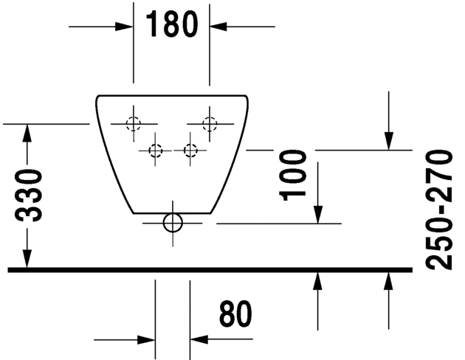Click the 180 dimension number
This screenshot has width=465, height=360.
tap(171, 24)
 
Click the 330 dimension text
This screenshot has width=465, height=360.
tap(30, 195)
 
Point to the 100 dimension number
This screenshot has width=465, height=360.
tap(295, 173)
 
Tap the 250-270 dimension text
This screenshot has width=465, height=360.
tap(441, 210)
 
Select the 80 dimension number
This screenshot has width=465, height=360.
tap(235, 315)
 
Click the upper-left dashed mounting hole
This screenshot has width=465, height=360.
tap(133, 124)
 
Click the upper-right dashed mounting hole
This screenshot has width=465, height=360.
tap(210, 124)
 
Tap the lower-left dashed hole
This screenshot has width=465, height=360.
tap(155, 150)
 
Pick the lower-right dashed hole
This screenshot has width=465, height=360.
tap(190, 150)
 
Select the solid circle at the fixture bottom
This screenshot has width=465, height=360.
tap(173, 222)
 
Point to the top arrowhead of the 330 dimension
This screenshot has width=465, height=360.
tap(27, 134)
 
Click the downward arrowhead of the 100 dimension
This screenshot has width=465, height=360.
tap(318, 213)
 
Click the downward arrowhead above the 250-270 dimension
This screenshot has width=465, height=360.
tap(389, 141)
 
